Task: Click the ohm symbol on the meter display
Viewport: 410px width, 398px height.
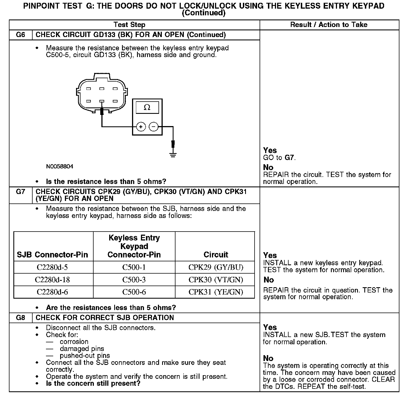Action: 147,107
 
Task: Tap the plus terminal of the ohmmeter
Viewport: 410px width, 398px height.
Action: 141,127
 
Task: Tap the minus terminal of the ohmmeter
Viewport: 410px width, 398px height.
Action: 153,127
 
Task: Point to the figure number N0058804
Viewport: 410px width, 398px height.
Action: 60,166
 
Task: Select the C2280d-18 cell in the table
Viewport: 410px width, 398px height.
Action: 52,280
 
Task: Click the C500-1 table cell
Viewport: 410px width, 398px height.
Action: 134,267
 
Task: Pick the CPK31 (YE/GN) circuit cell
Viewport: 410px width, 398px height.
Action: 216,292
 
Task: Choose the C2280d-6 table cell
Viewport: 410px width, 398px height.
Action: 52,292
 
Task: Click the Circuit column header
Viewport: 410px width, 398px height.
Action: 216,254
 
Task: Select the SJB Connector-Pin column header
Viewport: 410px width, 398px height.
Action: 52,254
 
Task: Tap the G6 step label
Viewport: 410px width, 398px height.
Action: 21,35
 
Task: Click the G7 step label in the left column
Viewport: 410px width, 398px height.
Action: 21,191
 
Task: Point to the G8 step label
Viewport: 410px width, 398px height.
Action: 21,318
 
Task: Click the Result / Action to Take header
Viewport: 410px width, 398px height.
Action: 329,25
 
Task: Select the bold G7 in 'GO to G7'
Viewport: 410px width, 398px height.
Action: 289,158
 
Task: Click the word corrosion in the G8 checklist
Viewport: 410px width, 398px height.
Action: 74,342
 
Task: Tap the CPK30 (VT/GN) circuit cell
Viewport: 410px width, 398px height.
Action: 216,280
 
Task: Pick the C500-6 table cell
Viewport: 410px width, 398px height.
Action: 134,292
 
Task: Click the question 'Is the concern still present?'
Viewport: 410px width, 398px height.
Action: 93,383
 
